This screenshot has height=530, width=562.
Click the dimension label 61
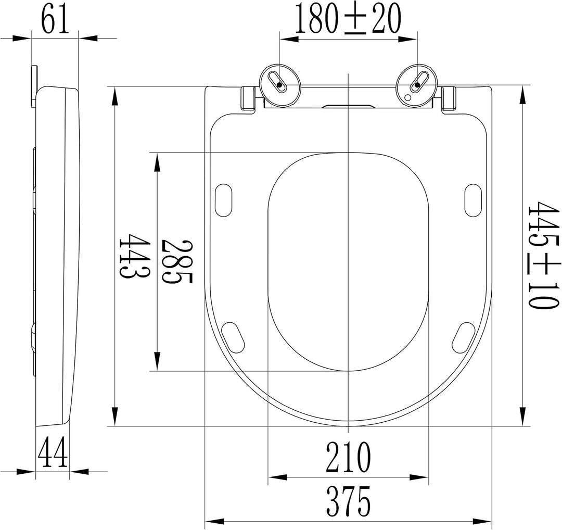pos(55,18)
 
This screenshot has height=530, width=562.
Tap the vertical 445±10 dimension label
pos(544,255)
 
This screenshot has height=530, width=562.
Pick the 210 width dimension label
pos(348,457)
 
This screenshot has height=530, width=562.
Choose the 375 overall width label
pos(348,501)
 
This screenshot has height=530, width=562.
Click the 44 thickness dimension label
pos(53,452)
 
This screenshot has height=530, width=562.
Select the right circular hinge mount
pos(416,86)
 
